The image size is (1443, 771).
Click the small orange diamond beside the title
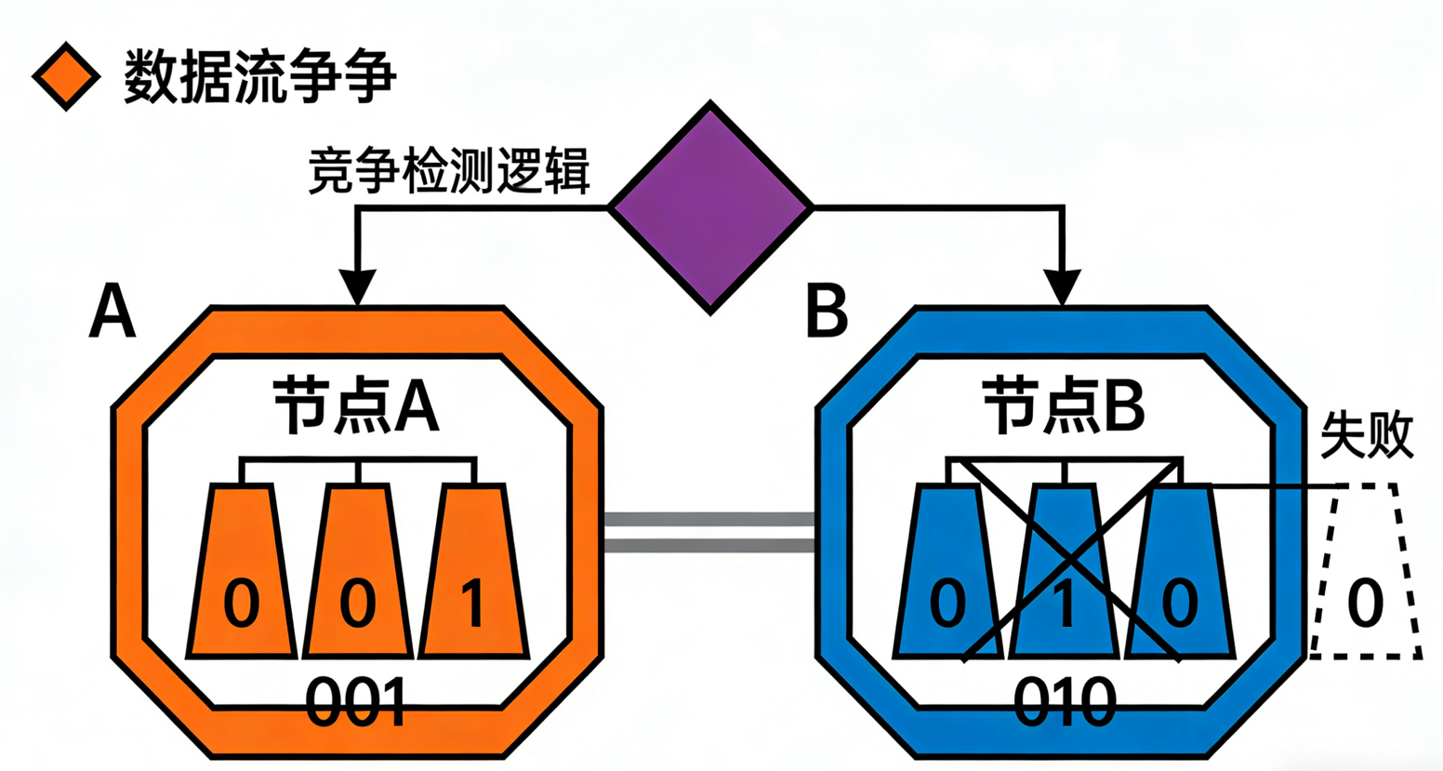click(x=66, y=76)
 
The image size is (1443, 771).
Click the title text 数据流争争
click(x=260, y=75)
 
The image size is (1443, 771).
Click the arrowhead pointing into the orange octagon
click(x=357, y=286)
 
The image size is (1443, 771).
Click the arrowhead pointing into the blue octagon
click(x=1062, y=286)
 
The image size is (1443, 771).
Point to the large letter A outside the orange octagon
click(x=113, y=312)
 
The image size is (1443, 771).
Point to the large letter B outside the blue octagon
click(x=827, y=312)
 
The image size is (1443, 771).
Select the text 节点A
click(x=356, y=405)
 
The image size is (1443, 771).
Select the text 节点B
click(x=1064, y=405)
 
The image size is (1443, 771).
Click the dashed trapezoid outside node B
click(x=1365, y=572)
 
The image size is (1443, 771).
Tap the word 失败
click(x=1367, y=434)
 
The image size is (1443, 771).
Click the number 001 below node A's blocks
click(x=357, y=704)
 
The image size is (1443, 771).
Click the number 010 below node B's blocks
click(x=1064, y=704)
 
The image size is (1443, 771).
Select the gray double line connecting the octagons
click(x=709, y=532)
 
